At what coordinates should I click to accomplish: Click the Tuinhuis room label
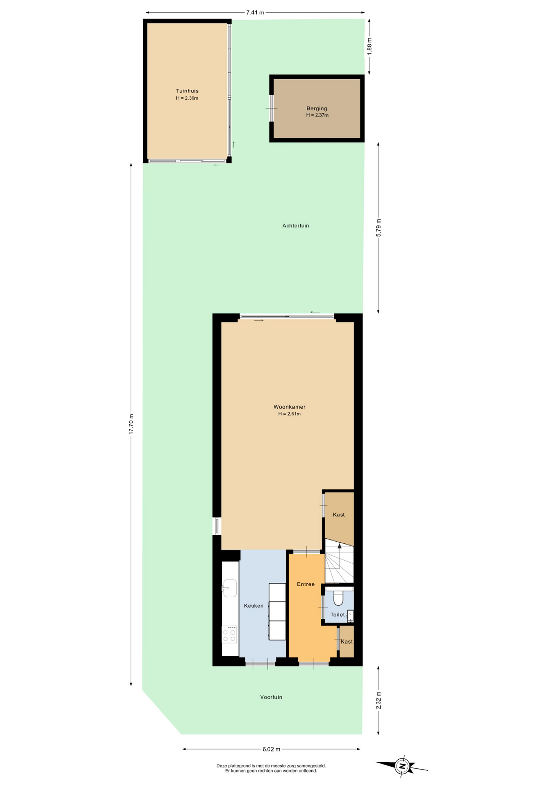pyautogui.click(x=187, y=91)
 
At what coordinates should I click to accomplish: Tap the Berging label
pyautogui.click(x=317, y=108)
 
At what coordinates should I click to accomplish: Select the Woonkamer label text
pyautogui.click(x=289, y=407)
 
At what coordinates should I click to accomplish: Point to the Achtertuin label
pyautogui.click(x=295, y=225)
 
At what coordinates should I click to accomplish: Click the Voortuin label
pyautogui.click(x=271, y=697)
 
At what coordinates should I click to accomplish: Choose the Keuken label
pyautogui.click(x=253, y=605)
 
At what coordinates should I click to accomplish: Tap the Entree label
pyautogui.click(x=306, y=584)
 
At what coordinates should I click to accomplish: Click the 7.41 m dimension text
pyautogui.click(x=255, y=12)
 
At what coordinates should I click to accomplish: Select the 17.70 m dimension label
pyautogui.click(x=131, y=424)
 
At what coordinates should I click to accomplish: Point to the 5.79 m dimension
pyautogui.click(x=379, y=227)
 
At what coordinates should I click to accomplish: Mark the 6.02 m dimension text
pyautogui.click(x=271, y=749)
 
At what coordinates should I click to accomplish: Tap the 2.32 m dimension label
pyautogui.click(x=379, y=700)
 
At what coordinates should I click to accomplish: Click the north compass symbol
pyautogui.click(x=402, y=765)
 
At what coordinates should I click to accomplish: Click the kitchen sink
pyautogui.click(x=230, y=588)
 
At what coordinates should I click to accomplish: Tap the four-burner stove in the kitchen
pyautogui.click(x=230, y=634)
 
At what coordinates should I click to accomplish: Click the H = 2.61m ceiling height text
pyautogui.click(x=289, y=414)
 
